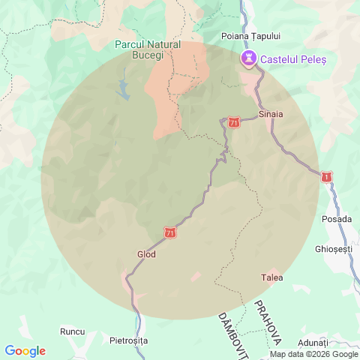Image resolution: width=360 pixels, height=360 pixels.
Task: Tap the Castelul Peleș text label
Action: [x=292, y=58]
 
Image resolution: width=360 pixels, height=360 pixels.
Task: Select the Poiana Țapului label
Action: [x=251, y=35]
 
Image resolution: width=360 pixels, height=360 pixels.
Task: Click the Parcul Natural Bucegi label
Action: [x=148, y=49]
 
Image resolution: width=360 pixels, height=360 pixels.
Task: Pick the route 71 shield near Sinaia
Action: [x=235, y=121]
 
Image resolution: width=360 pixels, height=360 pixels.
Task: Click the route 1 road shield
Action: [x=326, y=176]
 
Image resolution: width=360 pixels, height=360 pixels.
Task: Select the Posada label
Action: [x=336, y=219]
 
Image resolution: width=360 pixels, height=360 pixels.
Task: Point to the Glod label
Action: [x=146, y=253]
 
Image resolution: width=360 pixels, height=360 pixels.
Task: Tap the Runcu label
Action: [x=73, y=330]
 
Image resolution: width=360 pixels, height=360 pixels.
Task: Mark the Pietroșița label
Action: [x=129, y=340]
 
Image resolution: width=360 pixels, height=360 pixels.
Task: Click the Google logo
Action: [x=25, y=351]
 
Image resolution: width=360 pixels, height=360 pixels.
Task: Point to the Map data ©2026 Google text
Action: [x=314, y=355]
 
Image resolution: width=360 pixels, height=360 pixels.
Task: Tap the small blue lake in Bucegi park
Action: [x=123, y=90]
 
